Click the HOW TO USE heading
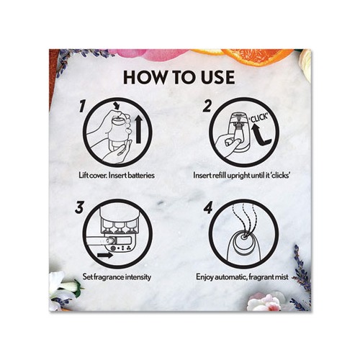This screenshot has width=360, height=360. point(180,77)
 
